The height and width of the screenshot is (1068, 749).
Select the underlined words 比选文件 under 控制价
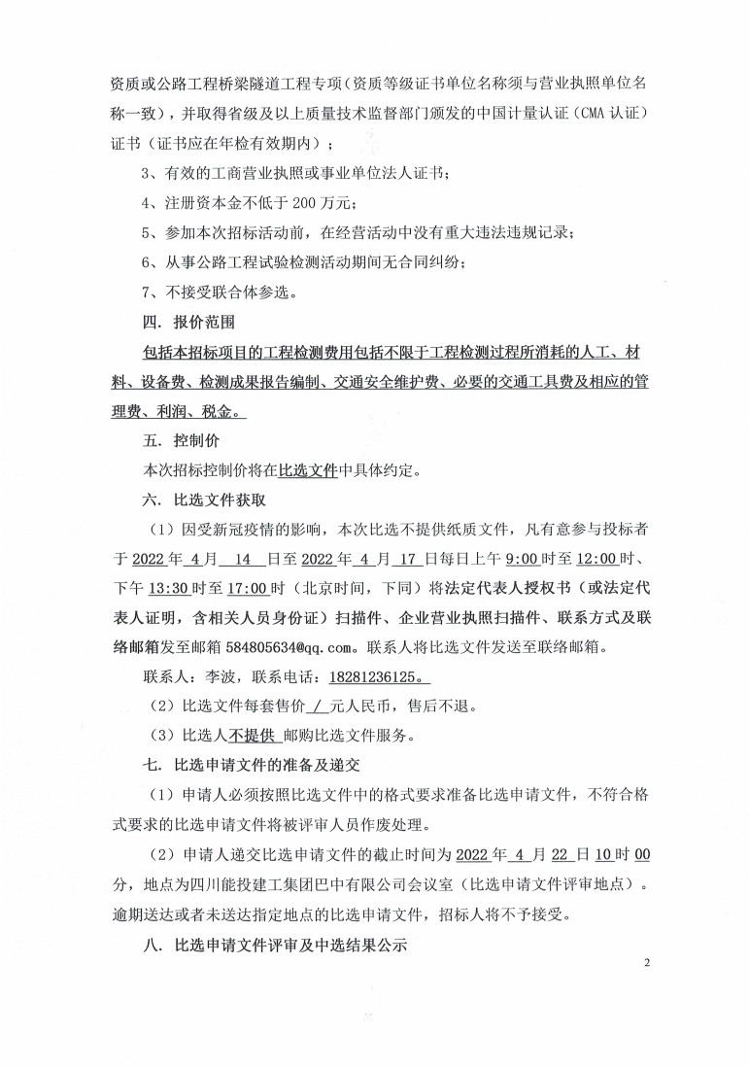pos(307,471)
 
